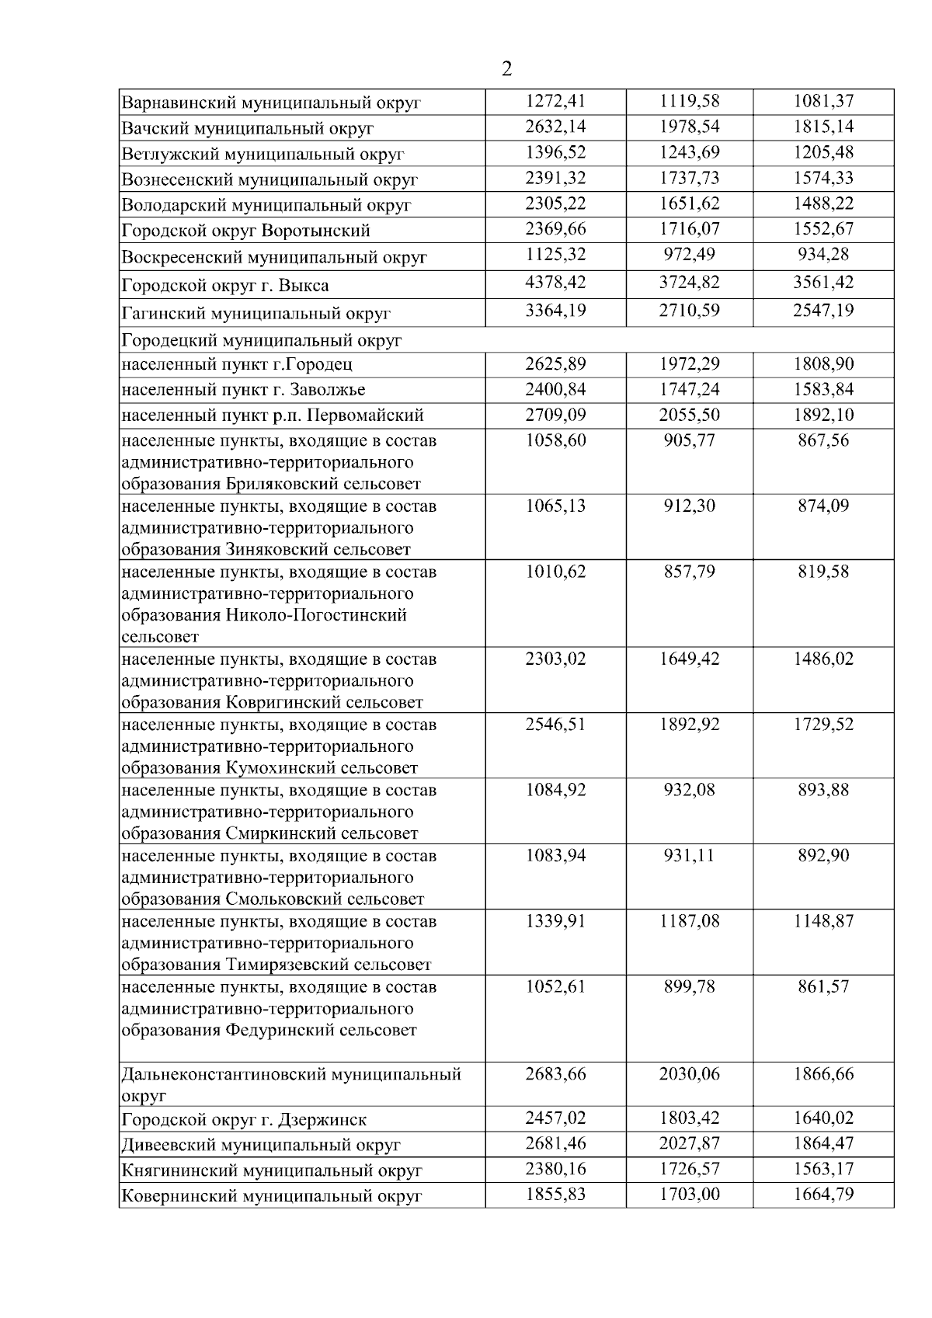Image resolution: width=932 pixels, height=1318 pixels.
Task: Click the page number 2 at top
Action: [507, 70]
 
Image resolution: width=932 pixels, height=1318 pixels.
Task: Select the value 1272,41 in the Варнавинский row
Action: [555, 101]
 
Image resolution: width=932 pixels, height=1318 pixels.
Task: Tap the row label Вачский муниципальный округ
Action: [248, 128]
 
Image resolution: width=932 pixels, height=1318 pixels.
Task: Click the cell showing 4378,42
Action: [555, 282]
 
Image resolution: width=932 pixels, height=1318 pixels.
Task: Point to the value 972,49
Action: [689, 255]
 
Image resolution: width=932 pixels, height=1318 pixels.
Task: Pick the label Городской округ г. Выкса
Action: [225, 285]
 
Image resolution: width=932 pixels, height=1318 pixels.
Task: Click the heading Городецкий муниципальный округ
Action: [262, 340]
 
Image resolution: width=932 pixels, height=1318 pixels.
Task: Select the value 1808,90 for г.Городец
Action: [823, 363]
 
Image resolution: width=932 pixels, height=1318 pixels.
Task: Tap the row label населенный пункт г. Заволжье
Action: [243, 389]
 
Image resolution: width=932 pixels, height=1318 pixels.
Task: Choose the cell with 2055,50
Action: [689, 415]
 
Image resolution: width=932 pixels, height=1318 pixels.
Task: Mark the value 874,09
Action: [823, 506]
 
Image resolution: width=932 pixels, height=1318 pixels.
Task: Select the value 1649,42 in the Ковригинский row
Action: [689, 659]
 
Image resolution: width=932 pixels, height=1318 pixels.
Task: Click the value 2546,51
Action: [555, 725]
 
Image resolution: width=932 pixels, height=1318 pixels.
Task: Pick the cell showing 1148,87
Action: [823, 921]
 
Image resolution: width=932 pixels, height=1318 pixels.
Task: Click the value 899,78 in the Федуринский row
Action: [689, 987]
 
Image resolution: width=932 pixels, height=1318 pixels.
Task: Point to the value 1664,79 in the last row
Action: [823, 1195]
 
